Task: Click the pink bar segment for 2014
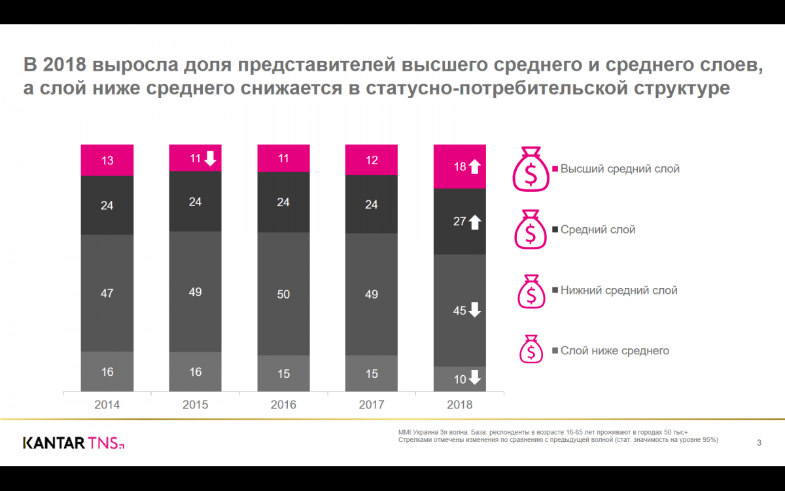click(107, 160)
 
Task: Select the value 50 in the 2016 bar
click(283, 295)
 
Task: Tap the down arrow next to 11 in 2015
click(210, 158)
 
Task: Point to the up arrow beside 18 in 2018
click(475, 167)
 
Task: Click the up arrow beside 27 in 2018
click(475, 222)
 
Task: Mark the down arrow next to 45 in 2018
click(475, 310)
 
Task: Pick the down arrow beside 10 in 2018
click(475, 378)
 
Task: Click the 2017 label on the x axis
click(372, 405)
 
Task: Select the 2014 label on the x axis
click(107, 405)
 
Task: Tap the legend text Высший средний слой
click(619, 169)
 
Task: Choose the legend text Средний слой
click(597, 230)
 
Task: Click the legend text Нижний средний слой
click(618, 290)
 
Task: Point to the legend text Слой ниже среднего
click(614, 351)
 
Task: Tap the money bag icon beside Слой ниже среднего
click(531, 350)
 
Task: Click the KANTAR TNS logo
click(73, 443)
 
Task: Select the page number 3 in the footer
click(759, 443)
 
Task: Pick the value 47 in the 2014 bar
click(107, 294)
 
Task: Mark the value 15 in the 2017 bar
click(372, 374)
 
